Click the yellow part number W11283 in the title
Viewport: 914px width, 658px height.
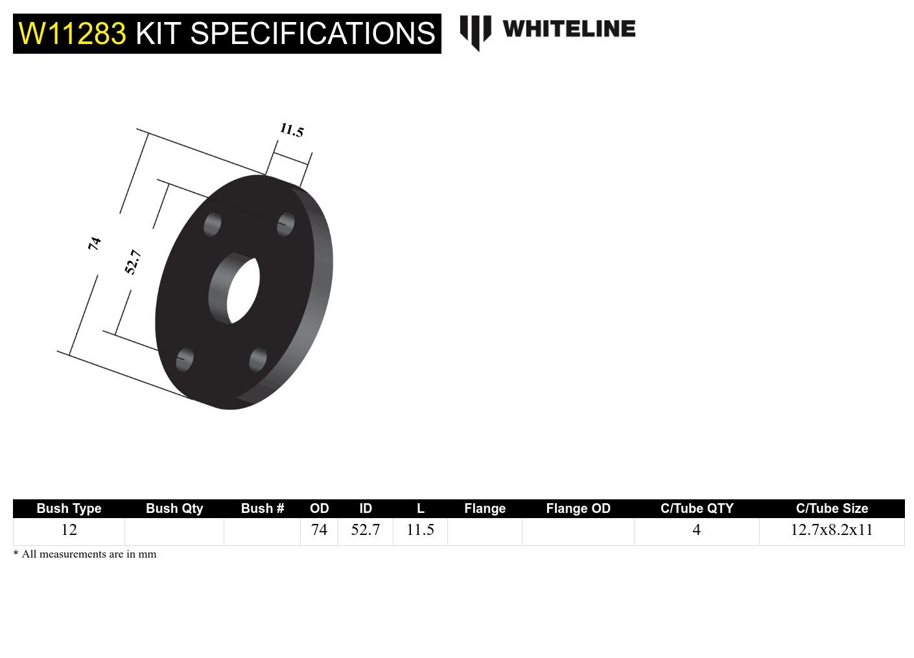click(72, 33)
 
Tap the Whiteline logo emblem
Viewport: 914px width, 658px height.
click(475, 32)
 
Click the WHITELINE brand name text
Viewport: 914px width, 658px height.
click(568, 29)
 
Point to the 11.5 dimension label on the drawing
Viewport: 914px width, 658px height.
click(292, 130)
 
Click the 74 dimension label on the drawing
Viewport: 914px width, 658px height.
click(95, 244)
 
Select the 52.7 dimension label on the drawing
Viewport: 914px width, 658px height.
click(132, 262)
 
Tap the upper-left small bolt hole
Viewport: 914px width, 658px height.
click(212, 225)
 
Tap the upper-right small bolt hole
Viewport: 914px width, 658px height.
click(286, 224)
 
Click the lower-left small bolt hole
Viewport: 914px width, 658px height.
click(185, 359)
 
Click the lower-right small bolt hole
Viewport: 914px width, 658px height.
click(258, 359)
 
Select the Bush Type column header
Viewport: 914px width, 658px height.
click(69, 508)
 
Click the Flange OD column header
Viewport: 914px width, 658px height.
click(578, 508)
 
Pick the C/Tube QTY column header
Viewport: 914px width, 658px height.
click(696, 508)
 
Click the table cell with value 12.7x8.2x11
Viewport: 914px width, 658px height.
click(831, 530)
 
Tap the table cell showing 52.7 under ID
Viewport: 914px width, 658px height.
click(365, 530)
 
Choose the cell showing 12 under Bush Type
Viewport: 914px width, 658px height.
click(69, 530)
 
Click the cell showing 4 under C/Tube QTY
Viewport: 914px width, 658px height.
click(696, 530)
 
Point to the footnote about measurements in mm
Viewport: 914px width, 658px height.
click(85, 554)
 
